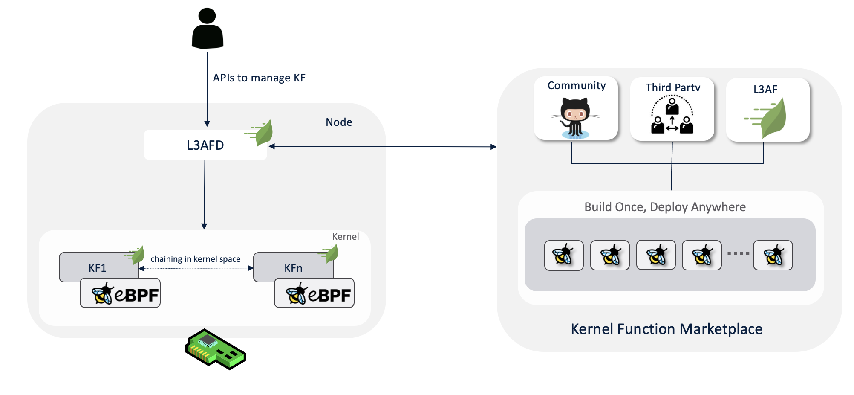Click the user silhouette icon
208,28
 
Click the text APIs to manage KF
259,78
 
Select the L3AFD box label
205,145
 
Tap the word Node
339,122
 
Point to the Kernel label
346,237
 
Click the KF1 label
98,268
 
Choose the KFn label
293,268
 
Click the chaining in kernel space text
196,259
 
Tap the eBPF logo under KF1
125,293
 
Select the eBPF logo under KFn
319,294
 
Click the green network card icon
216,349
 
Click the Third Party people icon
672,115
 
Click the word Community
577,86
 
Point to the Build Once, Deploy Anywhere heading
665,207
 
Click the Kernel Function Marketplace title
666,329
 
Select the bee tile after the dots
773,256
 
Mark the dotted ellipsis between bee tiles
738,254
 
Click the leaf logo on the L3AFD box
260,133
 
